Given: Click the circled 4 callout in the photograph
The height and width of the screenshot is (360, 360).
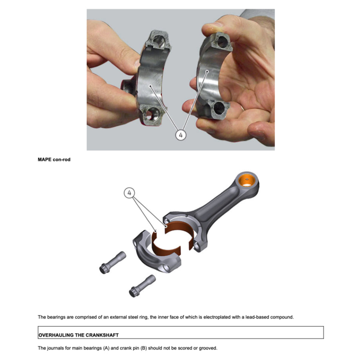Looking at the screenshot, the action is [x=181, y=135].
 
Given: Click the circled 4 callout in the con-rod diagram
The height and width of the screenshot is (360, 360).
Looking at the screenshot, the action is [x=130, y=193].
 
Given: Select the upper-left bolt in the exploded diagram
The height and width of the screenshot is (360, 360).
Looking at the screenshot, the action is [x=113, y=263].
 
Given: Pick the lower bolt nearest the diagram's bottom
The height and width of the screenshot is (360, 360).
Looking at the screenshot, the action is [x=142, y=286].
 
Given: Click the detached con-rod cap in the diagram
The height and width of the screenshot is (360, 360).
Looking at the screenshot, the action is [x=157, y=252].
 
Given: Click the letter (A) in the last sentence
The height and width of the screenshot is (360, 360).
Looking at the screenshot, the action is [x=106, y=348].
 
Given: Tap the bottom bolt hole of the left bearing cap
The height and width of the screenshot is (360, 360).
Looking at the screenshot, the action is [x=151, y=114].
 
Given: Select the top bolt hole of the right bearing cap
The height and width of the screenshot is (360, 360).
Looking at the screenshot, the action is [x=222, y=42].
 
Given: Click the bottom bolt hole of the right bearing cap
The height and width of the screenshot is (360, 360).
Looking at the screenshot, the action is [x=219, y=108].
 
